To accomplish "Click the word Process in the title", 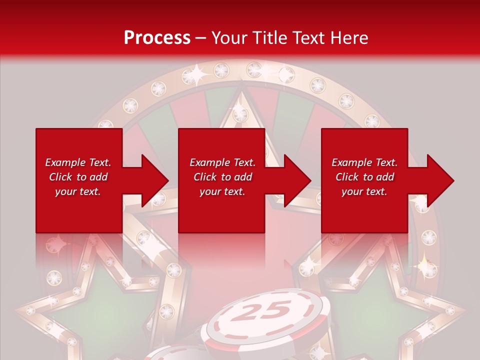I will tap(157, 38).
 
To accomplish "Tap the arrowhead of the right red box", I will tap(439, 180).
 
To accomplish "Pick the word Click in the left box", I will tap(61, 177).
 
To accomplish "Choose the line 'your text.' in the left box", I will tap(78, 191).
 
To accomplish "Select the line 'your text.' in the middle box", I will tap(222, 191).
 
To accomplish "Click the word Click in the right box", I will tap(347, 177).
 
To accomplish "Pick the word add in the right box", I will tap(384, 177).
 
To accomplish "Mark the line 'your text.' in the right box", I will tap(364, 191).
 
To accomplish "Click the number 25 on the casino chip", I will tap(261, 310).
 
